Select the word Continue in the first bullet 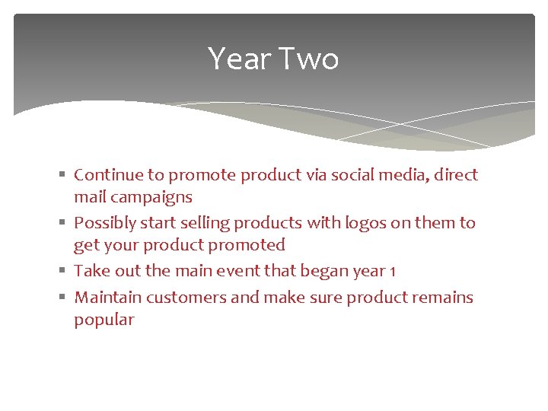[x=109, y=175]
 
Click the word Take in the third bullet [x=91, y=271]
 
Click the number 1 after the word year [x=391, y=272]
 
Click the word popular [x=104, y=320]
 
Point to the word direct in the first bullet [x=456, y=175]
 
